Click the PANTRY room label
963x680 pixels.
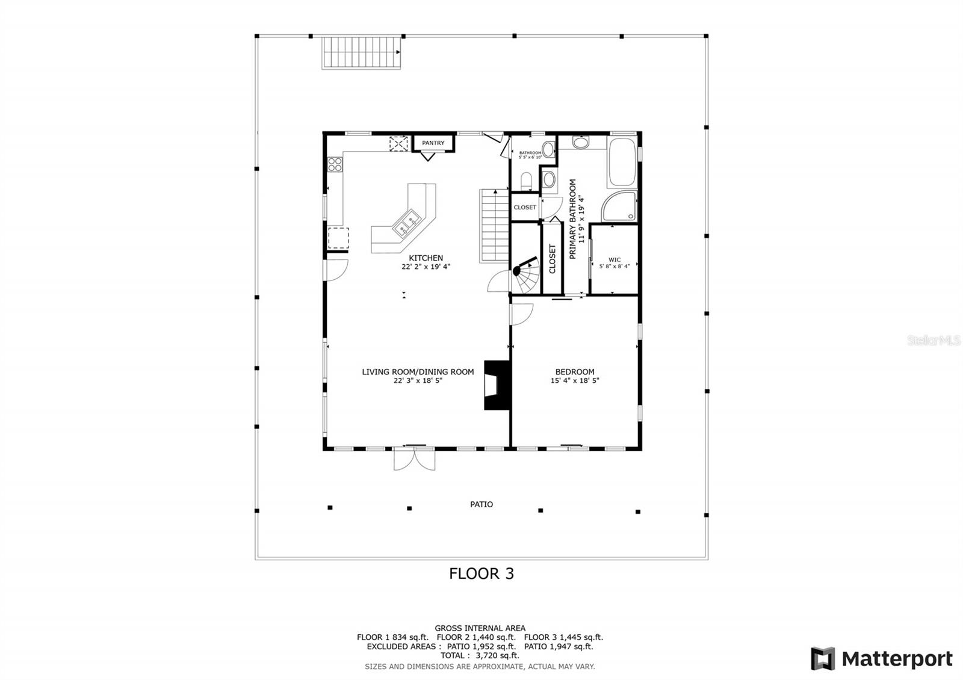(x=433, y=143)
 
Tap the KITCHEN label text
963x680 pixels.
(x=426, y=258)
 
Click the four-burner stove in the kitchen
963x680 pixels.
(x=335, y=164)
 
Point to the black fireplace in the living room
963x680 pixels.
(x=497, y=385)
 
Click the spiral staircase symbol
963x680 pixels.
(x=526, y=275)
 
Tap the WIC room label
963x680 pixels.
(x=615, y=259)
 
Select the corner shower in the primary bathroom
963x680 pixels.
(x=619, y=207)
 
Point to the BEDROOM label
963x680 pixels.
(x=575, y=372)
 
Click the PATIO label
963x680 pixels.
(x=481, y=504)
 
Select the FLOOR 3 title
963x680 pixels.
(x=482, y=573)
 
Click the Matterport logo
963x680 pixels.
(x=882, y=658)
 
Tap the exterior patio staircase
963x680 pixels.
(x=362, y=52)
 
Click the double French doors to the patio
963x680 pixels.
(x=415, y=459)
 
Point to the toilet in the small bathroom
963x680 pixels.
(x=527, y=181)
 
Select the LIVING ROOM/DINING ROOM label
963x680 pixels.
(x=418, y=372)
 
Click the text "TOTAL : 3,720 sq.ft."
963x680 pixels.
(x=480, y=655)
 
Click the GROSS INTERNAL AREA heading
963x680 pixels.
(x=480, y=628)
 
